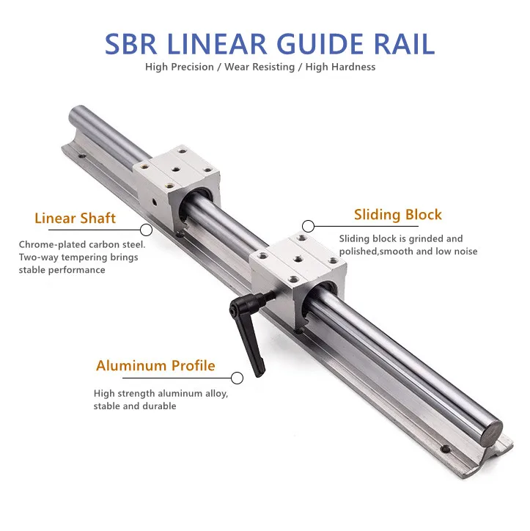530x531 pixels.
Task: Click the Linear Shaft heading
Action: pos(75,219)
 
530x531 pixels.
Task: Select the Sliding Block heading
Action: pos(398,215)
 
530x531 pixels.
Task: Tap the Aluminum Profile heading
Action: pos(155,365)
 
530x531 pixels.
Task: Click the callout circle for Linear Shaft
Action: pos(146,230)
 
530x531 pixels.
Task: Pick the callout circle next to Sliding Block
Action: pos(309,226)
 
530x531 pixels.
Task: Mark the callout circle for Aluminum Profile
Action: pos(237,378)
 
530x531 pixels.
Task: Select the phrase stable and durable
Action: pos(135,406)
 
